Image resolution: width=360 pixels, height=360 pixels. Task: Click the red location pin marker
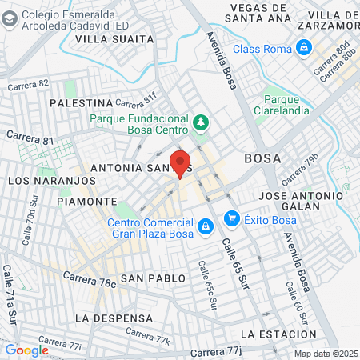[180, 164]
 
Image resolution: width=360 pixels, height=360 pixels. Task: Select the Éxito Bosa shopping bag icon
[232, 218]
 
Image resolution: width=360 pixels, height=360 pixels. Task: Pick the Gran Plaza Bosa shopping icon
[206, 227]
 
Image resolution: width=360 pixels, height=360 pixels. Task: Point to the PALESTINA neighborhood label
[81, 103]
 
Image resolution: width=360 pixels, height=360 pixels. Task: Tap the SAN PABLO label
[153, 278]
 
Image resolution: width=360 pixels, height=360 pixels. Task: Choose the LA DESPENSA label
[107, 318]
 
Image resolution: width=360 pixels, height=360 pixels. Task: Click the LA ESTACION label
[278, 333]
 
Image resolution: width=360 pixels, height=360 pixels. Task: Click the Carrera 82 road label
[28, 86]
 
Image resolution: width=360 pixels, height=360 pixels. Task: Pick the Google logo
[26, 350]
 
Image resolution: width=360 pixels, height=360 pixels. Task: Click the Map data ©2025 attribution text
[325, 354]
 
